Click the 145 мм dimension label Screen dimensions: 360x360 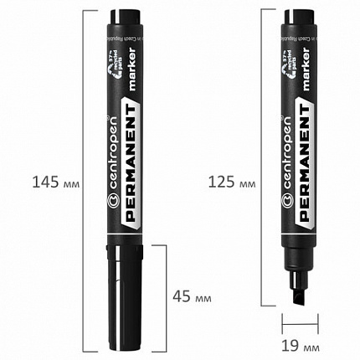pyautogui.click(x=49, y=181)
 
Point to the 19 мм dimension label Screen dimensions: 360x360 pyautogui.click(x=303, y=342)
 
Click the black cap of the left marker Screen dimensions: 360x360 pyautogui.click(x=123, y=285)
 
